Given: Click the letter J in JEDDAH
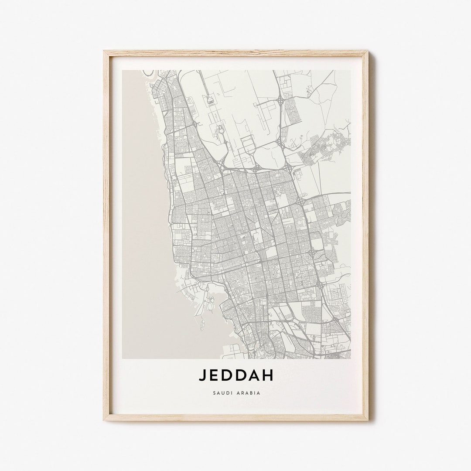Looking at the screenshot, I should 203,375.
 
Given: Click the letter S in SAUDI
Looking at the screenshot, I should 215,393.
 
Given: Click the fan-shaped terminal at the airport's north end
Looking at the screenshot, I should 210,100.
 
